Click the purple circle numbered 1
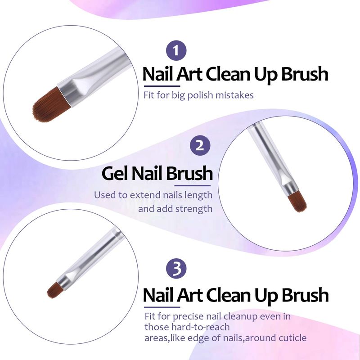(176, 50)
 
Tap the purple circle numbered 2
(200, 145)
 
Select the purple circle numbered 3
(176, 268)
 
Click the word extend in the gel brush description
(145, 195)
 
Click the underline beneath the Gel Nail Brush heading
(193, 185)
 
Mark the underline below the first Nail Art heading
(162, 86)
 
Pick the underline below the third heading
(162, 307)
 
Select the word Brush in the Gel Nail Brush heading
(189, 174)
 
